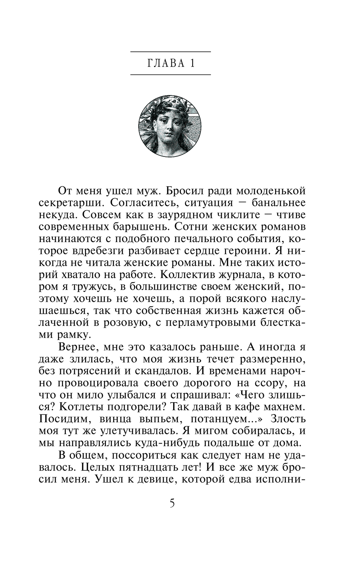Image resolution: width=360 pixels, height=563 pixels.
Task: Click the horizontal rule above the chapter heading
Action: [170, 52]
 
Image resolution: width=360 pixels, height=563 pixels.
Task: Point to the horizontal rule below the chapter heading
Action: [170, 74]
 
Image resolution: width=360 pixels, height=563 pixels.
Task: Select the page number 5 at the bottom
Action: [172, 503]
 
